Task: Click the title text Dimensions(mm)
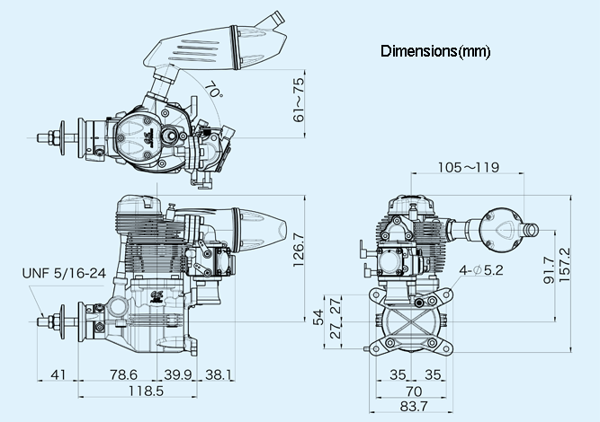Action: [x=435, y=51]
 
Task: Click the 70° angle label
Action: [x=213, y=90]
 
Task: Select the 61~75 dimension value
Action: [x=298, y=100]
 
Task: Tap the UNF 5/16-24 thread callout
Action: [x=64, y=273]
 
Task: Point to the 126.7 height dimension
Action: [x=298, y=251]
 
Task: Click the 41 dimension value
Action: [x=58, y=374]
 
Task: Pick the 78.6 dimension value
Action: [x=123, y=374]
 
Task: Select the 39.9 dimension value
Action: [x=177, y=374]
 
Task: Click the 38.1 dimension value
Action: [x=219, y=374]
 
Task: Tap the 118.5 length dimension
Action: [x=146, y=391]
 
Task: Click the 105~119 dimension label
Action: [x=469, y=167]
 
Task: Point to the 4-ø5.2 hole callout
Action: [x=481, y=270]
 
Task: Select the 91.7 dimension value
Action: [x=549, y=270]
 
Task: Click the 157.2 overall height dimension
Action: [x=564, y=265]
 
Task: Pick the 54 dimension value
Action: [x=318, y=317]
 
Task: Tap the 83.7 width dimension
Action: [x=414, y=407]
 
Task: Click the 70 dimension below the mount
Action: [x=414, y=391]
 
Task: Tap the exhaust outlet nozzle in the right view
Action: [x=530, y=230]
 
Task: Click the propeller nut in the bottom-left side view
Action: [x=56, y=321]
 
